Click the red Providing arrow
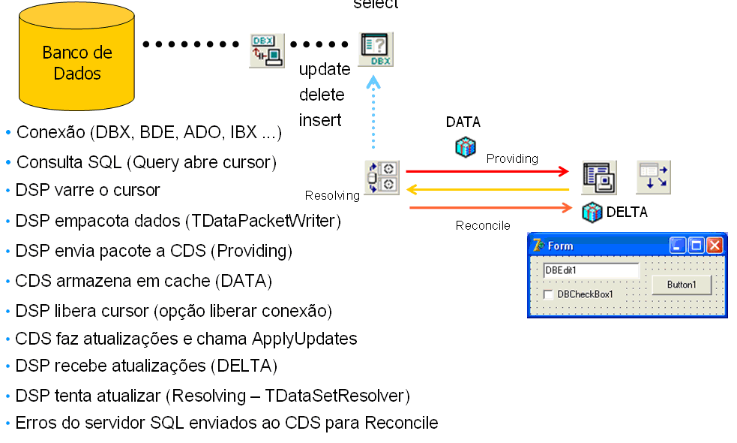click(x=487, y=172)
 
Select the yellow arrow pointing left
click(x=487, y=189)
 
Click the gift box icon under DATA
click(x=466, y=146)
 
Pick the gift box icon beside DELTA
click(x=592, y=212)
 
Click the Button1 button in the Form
click(x=682, y=285)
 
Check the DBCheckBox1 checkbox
click(x=549, y=294)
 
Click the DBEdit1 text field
click(x=591, y=270)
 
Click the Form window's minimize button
click(x=678, y=246)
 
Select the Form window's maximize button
click(x=696, y=246)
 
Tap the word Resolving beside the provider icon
click(x=332, y=196)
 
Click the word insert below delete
click(x=320, y=119)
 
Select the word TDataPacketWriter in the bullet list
click(x=264, y=221)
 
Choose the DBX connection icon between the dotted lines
click(x=267, y=50)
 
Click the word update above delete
click(x=325, y=70)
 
